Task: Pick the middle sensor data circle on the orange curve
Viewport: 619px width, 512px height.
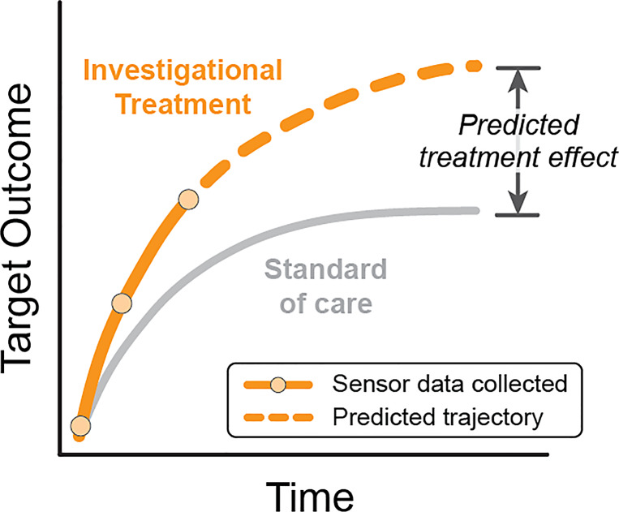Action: [121, 303]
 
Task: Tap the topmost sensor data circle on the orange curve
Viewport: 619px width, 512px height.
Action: [187, 200]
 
